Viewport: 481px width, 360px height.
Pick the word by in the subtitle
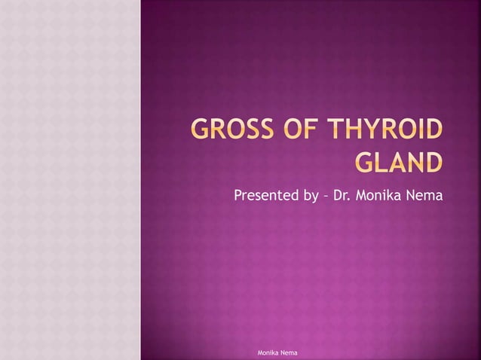point(310,197)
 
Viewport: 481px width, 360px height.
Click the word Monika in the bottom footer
point(269,352)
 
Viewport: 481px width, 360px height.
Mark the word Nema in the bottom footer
point(292,352)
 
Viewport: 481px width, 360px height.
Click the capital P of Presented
point(238,197)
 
